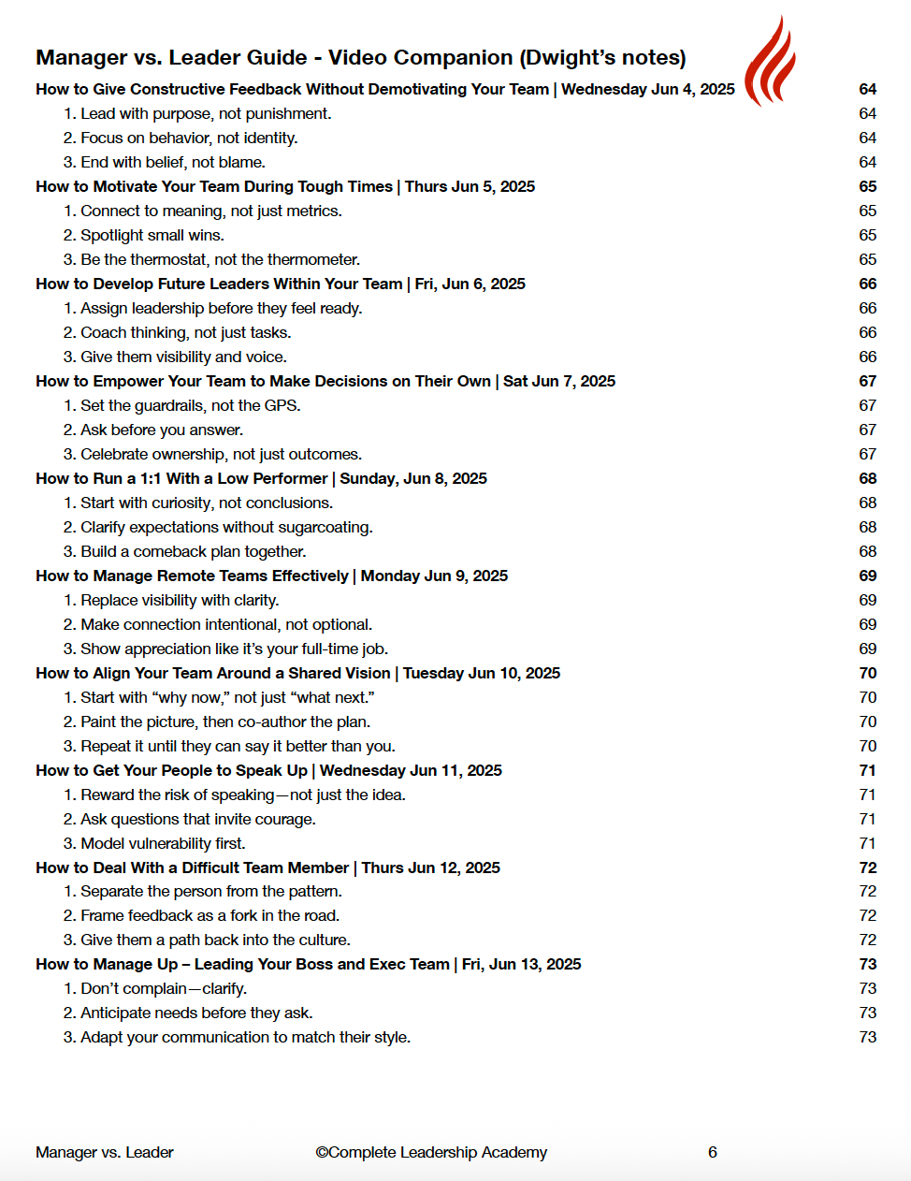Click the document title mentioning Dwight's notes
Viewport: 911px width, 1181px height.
click(x=360, y=58)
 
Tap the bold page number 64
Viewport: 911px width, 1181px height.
click(x=867, y=90)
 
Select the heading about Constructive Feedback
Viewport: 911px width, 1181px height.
click(x=292, y=90)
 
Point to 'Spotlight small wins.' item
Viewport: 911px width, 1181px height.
click(x=152, y=236)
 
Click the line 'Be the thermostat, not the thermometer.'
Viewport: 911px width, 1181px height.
click(x=220, y=260)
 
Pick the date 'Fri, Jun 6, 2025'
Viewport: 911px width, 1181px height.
click(x=470, y=284)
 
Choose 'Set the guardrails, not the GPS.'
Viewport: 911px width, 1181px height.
click(x=190, y=406)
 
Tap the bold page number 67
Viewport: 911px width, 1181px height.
click(x=867, y=382)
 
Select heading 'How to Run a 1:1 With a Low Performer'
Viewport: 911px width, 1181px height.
click(x=181, y=479)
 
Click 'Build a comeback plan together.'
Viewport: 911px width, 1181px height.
click(x=193, y=552)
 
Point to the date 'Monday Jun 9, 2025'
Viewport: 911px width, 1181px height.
click(x=434, y=576)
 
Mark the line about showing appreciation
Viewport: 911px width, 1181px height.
click(x=234, y=649)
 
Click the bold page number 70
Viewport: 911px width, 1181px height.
click(x=867, y=674)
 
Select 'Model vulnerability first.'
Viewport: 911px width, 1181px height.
click(x=163, y=844)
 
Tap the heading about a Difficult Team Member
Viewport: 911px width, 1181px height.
click(x=192, y=868)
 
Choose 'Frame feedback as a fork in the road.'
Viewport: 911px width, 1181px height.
click(x=210, y=916)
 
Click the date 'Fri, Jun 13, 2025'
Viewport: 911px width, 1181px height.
click(x=521, y=965)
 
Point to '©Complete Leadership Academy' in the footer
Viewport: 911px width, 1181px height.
click(x=431, y=1153)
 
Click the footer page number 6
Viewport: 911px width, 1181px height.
click(x=713, y=1153)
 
